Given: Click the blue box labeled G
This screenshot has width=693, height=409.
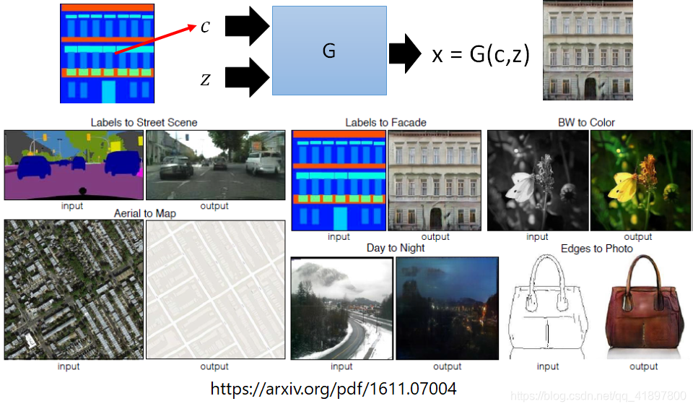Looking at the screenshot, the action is [329, 51].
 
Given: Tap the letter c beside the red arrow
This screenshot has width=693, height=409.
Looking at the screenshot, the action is [205, 27].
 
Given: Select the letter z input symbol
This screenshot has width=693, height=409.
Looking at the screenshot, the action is [205, 79].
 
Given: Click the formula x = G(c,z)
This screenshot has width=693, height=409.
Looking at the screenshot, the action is [481, 55].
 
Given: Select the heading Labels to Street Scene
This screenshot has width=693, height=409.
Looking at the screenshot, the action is [144, 122].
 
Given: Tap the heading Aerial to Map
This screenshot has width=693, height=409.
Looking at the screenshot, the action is [144, 214].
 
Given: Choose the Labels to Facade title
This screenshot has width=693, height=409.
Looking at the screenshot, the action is [385, 122].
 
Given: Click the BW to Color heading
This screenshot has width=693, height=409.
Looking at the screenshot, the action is [586, 122].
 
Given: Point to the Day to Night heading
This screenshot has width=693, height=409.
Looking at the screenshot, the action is [396, 248].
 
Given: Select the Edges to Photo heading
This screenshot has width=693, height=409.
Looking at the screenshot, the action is [596, 249].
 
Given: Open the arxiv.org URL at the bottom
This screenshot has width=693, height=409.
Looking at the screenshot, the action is [334, 389].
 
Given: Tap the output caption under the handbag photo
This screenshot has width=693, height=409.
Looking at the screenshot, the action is [643, 366].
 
